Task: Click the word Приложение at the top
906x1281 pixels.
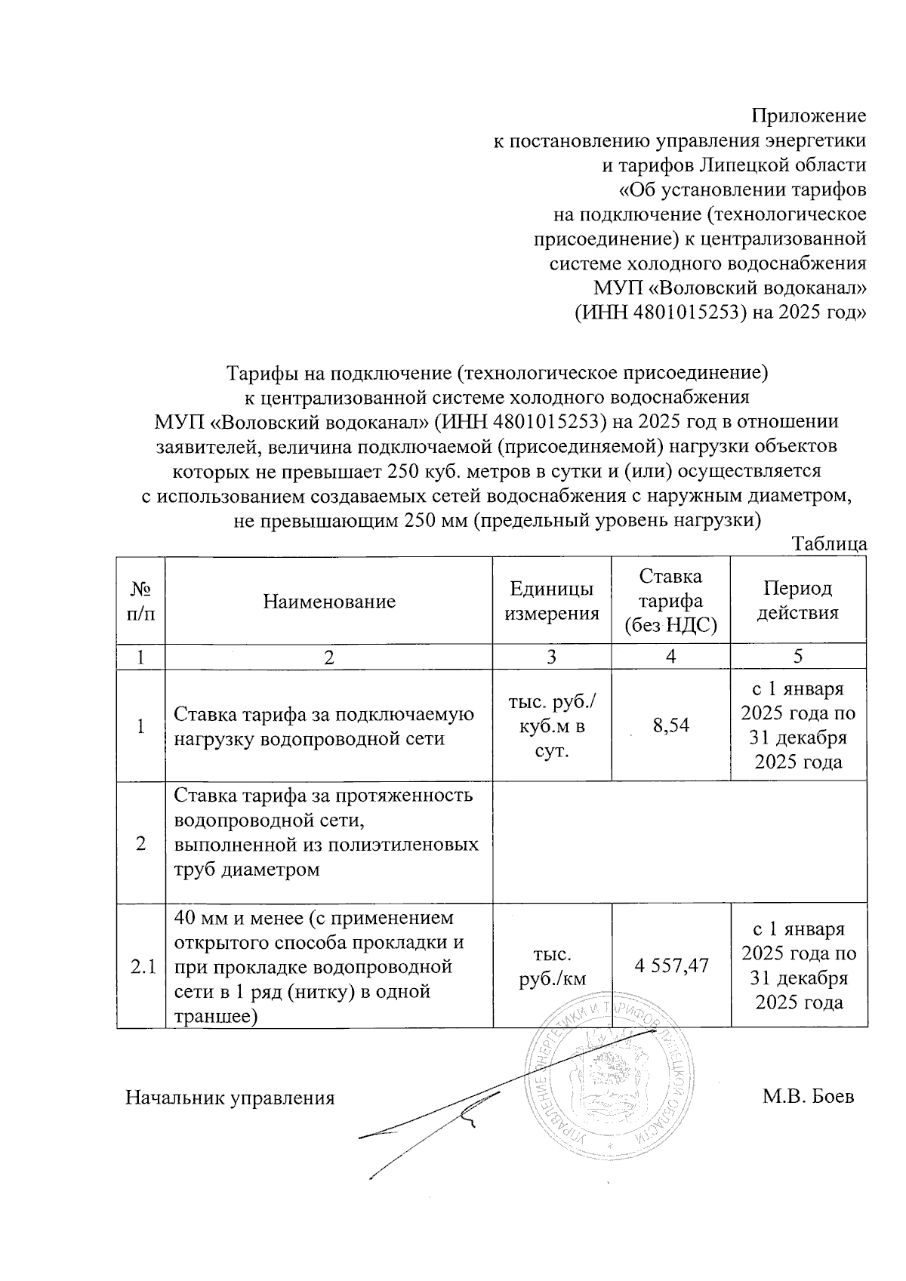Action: point(808,116)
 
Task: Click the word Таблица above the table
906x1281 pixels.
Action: point(828,544)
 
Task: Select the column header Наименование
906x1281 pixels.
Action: point(329,602)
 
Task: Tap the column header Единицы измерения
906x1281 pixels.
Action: point(551,601)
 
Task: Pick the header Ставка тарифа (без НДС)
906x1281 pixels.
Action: point(670,601)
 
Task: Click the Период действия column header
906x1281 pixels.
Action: point(798,601)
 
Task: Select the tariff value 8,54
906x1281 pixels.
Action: point(670,726)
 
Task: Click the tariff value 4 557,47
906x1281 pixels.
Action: point(670,964)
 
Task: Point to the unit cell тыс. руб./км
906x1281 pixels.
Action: point(551,966)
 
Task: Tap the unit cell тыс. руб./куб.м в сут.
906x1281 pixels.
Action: point(551,726)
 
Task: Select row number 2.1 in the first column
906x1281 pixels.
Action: point(141,966)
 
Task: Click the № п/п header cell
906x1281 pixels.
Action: point(141,601)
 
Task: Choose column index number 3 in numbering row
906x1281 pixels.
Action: point(551,656)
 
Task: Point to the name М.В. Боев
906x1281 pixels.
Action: point(808,1097)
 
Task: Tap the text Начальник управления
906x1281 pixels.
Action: point(230,1098)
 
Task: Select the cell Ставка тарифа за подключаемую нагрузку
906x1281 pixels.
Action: point(325,726)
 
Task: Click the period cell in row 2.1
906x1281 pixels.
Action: point(798,966)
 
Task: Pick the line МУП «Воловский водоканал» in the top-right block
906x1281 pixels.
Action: point(729,288)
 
